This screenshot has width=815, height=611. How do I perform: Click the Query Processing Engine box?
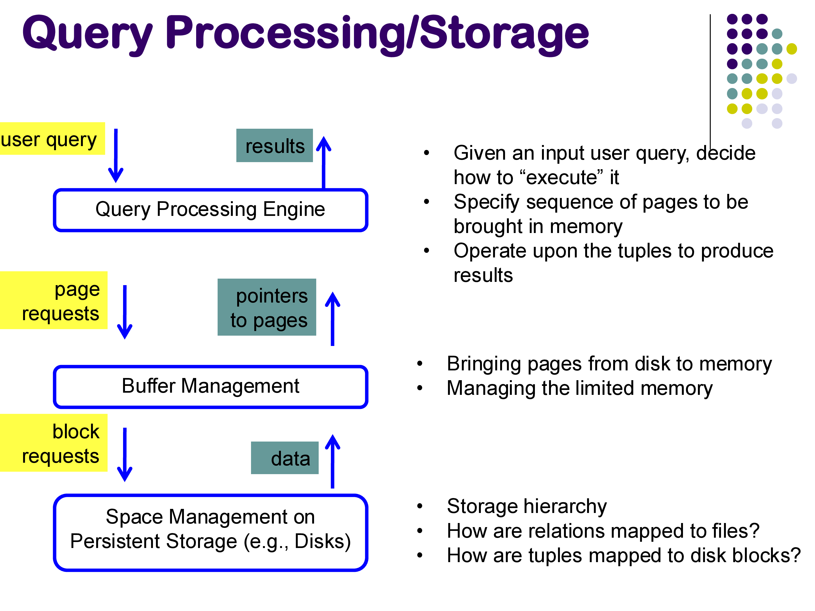point(210,210)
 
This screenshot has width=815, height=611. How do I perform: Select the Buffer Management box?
point(210,387)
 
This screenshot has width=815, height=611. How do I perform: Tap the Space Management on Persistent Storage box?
point(210,532)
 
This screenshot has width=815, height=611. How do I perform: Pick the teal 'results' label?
point(274,146)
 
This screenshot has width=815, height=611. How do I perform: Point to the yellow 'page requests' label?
point(54,300)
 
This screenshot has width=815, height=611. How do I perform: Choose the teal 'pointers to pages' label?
point(267,307)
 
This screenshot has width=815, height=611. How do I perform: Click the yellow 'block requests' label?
point(54,443)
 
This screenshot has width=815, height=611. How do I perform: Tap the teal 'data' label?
point(285,458)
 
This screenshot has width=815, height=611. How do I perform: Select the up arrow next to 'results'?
point(324,162)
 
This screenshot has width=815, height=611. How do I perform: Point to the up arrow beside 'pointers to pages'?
point(332,319)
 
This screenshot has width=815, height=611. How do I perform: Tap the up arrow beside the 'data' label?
point(332,461)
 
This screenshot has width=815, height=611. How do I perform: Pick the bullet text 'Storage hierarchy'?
point(526,506)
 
